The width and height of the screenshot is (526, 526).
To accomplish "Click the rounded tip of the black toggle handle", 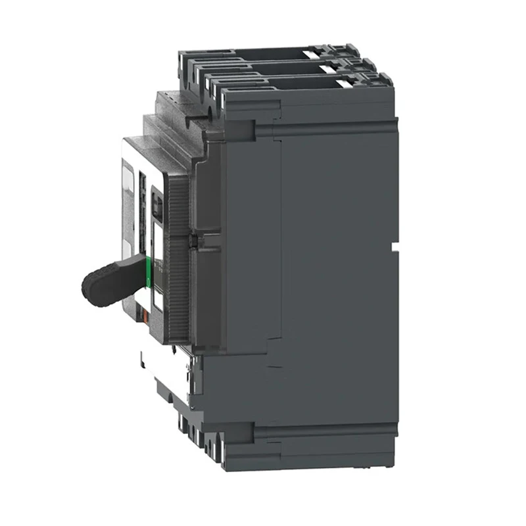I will point(89,289).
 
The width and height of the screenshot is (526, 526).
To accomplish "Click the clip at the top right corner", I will point(381,80).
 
